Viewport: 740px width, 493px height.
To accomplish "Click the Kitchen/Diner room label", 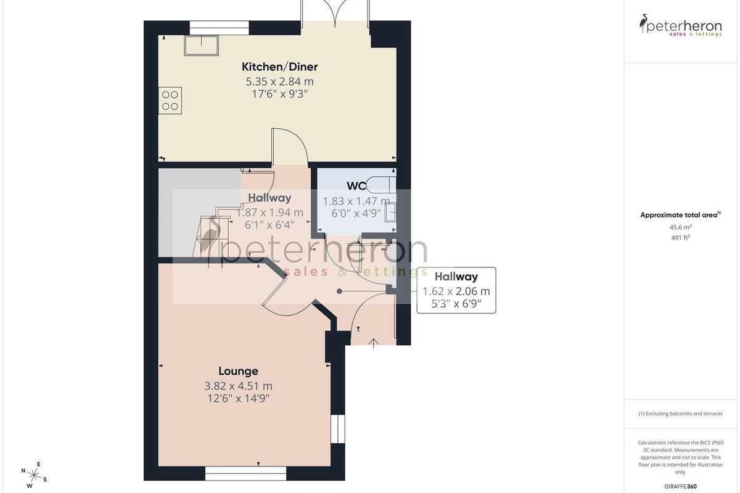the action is (x=279, y=67).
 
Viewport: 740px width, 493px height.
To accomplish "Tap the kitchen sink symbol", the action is (x=201, y=46).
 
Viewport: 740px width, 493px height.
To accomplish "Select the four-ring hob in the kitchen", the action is (x=170, y=100).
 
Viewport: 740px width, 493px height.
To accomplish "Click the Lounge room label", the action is (x=238, y=371).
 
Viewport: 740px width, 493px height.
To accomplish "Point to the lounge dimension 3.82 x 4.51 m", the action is (x=238, y=386).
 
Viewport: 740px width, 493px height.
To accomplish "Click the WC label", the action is (x=356, y=186).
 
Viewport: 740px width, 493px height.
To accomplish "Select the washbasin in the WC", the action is (x=390, y=211).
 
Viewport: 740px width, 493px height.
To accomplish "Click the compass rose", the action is (x=34, y=476).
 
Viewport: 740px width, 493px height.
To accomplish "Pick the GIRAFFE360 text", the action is (x=680, y=486).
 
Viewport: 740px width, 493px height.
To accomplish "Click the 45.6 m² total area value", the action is (x=680, y=227).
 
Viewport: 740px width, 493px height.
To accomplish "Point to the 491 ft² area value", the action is (x=680, y=237).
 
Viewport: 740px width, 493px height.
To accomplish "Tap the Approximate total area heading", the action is (x=680, y=215).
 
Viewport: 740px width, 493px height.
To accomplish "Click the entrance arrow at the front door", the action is (x=373, y=343).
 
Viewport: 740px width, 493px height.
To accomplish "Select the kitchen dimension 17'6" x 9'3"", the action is (x=279, y=94).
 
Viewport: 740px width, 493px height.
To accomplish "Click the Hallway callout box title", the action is (x=456, y=276).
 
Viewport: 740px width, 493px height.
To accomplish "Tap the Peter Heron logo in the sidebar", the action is (x=680, y=25).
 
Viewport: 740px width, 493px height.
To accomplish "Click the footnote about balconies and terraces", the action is (x=680, y=414).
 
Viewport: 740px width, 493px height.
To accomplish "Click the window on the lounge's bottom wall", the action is (x=245, y=473).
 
